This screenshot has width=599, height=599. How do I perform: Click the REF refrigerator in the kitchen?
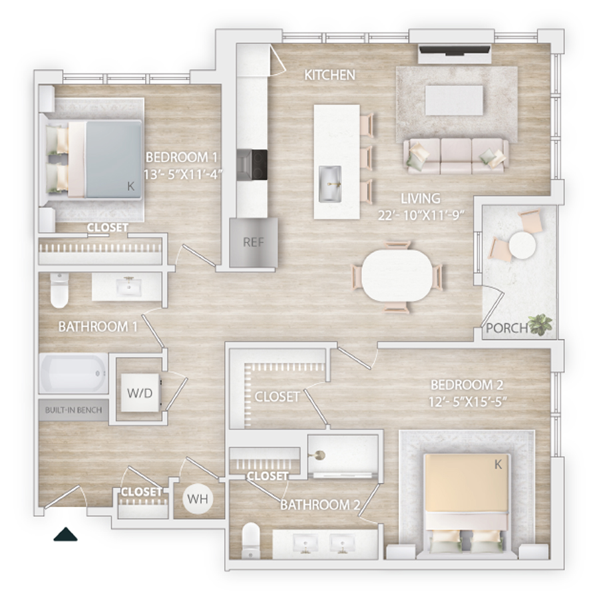tap(254, 242)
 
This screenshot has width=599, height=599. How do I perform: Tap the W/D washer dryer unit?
tap(140, 393)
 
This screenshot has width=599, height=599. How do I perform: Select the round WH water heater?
tap(198, 499)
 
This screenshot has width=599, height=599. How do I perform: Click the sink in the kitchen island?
tap(330, 184)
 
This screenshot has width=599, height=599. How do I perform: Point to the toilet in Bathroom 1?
tap(59, 290)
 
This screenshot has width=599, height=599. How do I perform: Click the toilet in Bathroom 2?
tap(251, 540)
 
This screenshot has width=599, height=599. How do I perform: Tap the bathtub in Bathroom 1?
tap(74, 373)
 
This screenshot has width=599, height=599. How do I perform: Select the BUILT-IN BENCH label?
tap(73, 410)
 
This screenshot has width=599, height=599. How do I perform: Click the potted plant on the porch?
tap(540, 324)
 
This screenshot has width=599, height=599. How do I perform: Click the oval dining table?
tap(397, 275)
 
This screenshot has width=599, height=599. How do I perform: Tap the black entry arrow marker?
tap(65, 534)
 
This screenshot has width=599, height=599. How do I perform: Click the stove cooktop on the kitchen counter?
tap(252, 164)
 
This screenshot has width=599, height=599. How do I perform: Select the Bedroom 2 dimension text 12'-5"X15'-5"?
tap(467, 401)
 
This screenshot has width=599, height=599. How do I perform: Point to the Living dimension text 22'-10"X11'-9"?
tap(421, 216)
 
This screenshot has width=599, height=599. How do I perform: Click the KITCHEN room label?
tap(329, 75)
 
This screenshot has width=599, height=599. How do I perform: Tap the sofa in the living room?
tap(456, 156)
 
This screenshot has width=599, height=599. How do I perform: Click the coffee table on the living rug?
tap(454, 100)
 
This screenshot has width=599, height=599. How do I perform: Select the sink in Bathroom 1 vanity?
tap(128, 286)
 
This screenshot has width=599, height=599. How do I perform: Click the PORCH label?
tap(506, 327)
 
